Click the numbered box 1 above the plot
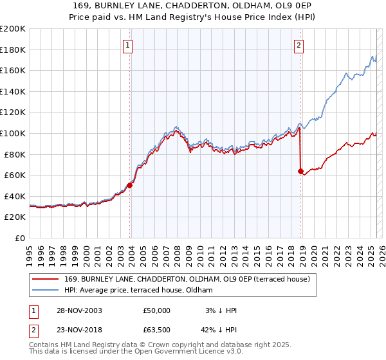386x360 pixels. [129, 46]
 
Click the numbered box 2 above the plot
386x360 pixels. [300, 46]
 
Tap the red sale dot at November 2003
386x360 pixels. [129, 185]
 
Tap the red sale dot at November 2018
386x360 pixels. [300, 171]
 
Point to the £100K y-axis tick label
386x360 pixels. [13, 133]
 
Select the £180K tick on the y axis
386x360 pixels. [13, 50]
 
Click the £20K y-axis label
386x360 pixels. [15, 217]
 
